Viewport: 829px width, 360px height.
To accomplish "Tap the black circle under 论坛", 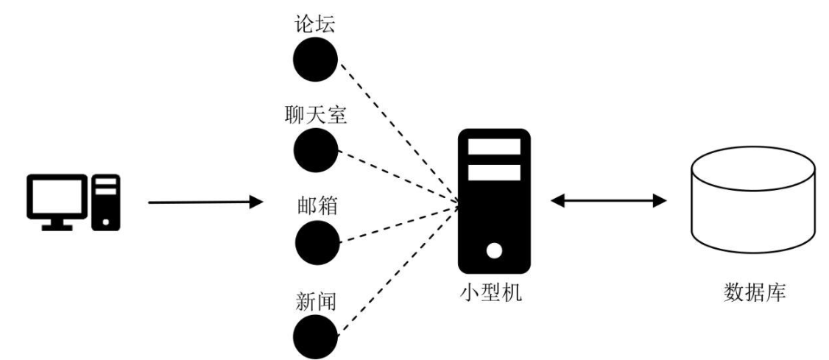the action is coord(316,59).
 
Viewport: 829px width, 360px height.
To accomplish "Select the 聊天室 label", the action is coord(316,116).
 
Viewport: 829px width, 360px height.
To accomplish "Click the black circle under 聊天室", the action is coord(316,150).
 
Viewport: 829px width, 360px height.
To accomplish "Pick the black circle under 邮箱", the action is coord(317,243).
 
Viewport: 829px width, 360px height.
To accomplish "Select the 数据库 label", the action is coord(755,292).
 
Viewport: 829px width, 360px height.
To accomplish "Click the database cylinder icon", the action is coord(753,200).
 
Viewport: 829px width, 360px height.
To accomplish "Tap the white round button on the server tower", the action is coord(494,250).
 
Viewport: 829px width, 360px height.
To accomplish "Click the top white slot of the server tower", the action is coord(494,147).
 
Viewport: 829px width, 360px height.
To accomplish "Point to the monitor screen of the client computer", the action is coord(57,196).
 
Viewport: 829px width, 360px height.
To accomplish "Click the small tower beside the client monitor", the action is coord(106,202).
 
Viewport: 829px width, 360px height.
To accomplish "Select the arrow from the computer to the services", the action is coord(205,202).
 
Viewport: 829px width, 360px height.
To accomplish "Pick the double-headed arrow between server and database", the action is coord(609,200).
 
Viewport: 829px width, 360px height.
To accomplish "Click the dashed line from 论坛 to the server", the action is coord(398,135).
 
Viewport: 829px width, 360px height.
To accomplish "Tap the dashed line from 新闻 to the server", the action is coord(398,269).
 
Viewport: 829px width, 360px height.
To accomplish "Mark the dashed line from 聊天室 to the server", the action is coord(398,179).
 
